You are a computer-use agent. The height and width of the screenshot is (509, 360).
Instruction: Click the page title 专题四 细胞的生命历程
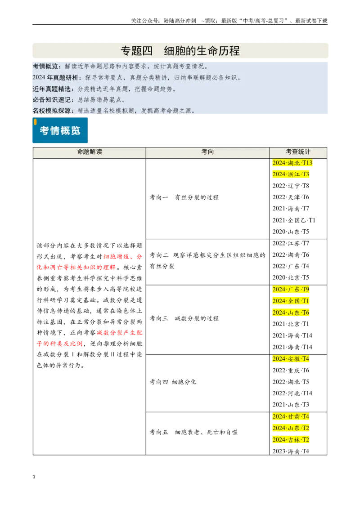180,51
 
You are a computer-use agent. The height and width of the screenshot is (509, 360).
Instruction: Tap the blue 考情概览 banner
60,130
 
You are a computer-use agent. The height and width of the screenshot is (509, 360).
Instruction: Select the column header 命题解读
90,152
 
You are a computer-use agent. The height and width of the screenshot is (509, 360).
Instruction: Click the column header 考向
207,152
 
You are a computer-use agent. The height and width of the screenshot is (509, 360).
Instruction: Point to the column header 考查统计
298,152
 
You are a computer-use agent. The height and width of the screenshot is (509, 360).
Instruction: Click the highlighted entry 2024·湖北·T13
292,163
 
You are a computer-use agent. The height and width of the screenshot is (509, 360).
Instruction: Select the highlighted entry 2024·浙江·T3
290,174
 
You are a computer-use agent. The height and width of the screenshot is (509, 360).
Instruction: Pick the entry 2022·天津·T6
290,197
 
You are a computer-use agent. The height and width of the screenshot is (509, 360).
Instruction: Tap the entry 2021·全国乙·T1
294,220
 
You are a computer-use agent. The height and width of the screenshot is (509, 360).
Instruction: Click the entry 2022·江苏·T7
290,243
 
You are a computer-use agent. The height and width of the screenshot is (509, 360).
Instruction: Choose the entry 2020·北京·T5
290,277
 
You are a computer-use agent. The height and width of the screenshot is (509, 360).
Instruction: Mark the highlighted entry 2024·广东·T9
290,289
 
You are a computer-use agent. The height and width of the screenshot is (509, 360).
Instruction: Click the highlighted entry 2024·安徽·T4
290,359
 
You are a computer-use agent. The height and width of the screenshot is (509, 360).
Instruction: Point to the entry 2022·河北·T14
292,393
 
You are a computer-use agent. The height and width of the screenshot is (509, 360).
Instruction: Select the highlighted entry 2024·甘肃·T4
290,416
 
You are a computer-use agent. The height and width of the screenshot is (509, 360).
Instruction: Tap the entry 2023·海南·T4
290,451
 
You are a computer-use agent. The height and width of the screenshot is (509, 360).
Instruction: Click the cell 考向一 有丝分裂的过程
184,197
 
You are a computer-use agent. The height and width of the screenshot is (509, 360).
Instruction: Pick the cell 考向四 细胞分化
173,382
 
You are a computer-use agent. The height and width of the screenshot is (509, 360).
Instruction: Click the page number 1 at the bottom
34,477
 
